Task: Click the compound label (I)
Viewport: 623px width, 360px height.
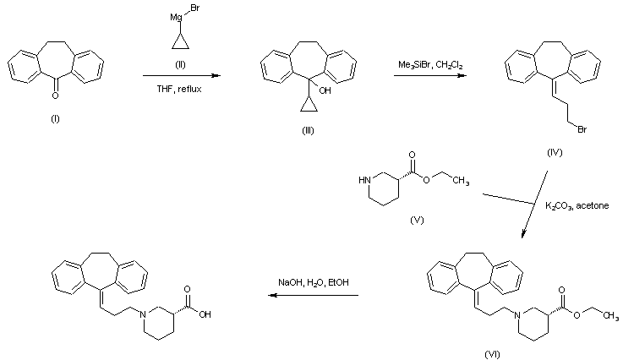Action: click(x=56, y=119)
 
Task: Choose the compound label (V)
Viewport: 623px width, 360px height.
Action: click(x=415, y=220)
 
